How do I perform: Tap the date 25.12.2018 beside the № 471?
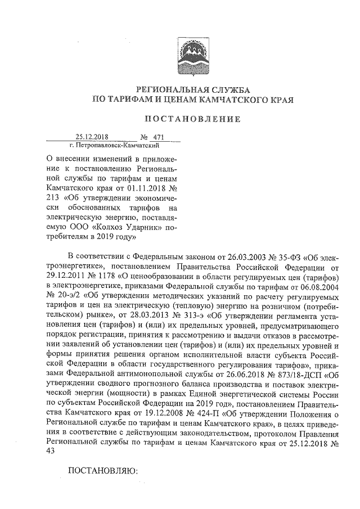(92, 136)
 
